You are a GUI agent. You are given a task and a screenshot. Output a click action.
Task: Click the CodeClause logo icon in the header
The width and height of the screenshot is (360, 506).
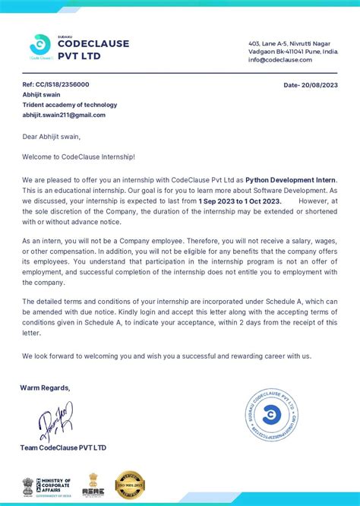coord(39,45)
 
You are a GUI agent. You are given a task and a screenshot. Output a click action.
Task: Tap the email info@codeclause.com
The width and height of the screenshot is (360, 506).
coord(280,59)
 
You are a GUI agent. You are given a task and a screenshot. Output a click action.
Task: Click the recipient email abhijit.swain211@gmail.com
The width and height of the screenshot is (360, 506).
coord(64,115)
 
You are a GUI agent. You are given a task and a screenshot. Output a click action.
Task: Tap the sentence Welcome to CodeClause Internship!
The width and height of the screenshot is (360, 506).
coord(78,157)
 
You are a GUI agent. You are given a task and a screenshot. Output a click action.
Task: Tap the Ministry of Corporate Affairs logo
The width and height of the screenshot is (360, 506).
coord(47,485)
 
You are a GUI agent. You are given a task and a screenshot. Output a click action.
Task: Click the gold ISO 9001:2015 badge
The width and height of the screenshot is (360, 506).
coord(129,485)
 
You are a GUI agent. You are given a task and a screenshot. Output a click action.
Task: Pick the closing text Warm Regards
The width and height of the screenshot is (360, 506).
coord(45,387)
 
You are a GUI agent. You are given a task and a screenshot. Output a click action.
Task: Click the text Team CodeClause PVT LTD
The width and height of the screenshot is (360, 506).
coord(64,448)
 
